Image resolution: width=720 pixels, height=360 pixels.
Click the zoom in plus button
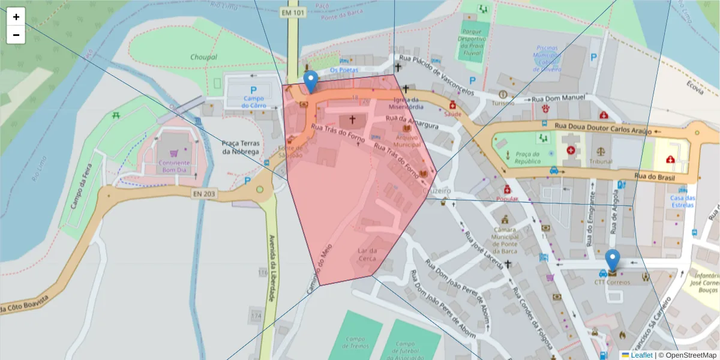16,17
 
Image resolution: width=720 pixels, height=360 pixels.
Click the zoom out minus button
16,35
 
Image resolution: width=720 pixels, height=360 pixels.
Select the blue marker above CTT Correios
612,260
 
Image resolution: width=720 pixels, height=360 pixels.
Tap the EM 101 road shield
292,11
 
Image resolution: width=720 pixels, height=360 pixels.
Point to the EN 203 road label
204,193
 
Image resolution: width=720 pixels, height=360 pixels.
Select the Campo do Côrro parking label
254,102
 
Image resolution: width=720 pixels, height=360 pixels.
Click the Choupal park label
203,57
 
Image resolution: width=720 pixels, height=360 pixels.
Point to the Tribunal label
600,161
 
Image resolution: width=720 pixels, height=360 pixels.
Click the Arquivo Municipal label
407,140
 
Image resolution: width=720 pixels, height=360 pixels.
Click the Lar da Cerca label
367,254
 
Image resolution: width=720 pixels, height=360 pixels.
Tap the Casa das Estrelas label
682,202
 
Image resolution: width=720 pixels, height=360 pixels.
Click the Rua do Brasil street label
655,177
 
